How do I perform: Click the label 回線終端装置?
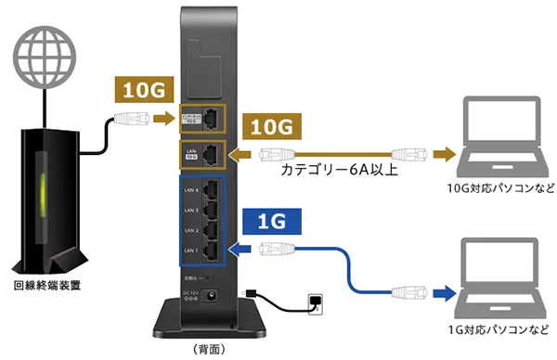45,285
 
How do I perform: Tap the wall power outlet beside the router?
317,302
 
